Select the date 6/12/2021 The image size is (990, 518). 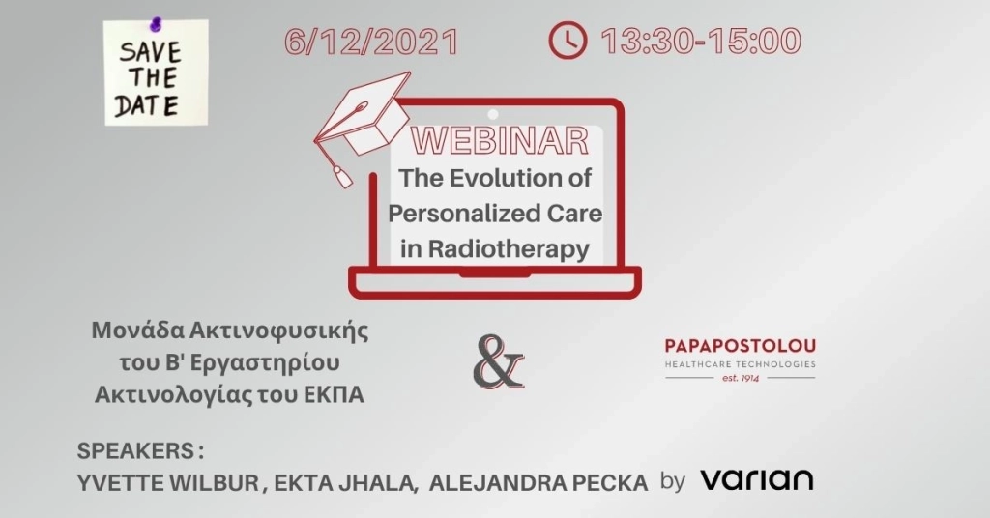tap(371, 42)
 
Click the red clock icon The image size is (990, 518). tap(568, 41)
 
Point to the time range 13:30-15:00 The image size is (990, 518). tap(701, 42)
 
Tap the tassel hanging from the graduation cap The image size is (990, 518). tap(341, 175)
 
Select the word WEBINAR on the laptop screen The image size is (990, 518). tap(500, 141)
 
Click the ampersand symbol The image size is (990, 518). tap(498, 362)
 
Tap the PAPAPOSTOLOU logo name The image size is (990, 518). tap(741, 346)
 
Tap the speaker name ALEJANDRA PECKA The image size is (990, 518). tap(538, 482)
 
